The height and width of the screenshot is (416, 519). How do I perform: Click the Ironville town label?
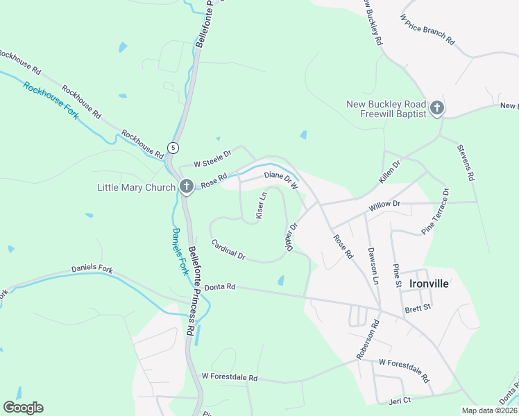coord(429,284)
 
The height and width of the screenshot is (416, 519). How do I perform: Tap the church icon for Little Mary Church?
coord(186,187)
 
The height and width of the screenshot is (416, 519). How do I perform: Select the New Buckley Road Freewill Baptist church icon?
coord(436,108)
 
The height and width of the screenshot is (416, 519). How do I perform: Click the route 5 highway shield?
coord(173,148)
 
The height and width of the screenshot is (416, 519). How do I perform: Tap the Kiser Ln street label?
coord(262,206)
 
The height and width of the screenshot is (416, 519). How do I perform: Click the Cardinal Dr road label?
coord(228,250)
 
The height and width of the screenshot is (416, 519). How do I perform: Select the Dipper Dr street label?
coord(291,236)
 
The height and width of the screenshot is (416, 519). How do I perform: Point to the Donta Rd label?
coord(221,286)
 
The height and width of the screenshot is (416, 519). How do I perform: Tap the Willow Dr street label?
coord(385,205)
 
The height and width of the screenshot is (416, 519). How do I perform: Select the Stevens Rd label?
coord(466,162)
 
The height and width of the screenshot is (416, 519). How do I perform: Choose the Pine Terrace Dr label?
coord(436,211)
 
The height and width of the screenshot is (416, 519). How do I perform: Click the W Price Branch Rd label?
coord(427,31)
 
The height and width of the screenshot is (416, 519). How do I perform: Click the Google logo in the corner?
coord(23,407)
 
